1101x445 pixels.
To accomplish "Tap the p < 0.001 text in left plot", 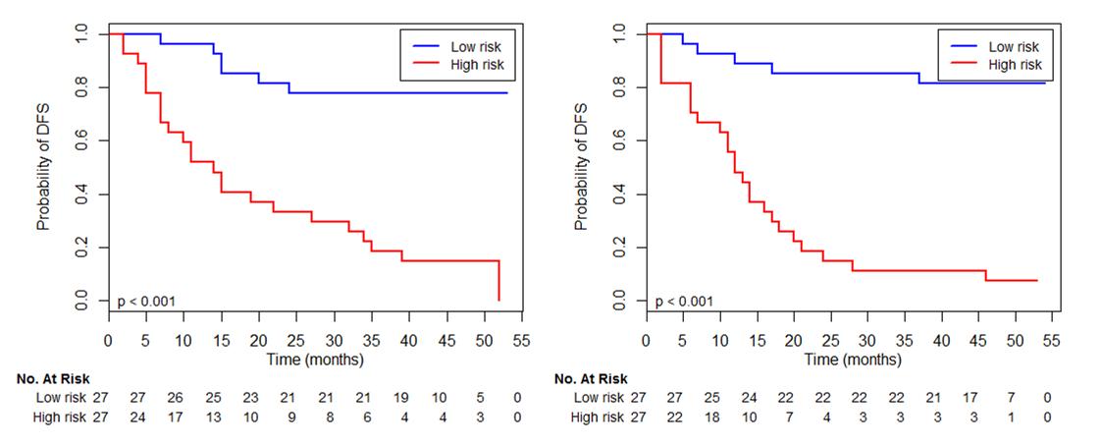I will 146,301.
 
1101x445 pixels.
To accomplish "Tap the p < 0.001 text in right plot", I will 684,301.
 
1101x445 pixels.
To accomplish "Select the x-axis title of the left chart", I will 315,360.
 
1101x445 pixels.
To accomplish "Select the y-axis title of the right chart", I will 581,167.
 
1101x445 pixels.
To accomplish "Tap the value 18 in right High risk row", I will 710,417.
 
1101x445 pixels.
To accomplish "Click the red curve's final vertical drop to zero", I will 499,281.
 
